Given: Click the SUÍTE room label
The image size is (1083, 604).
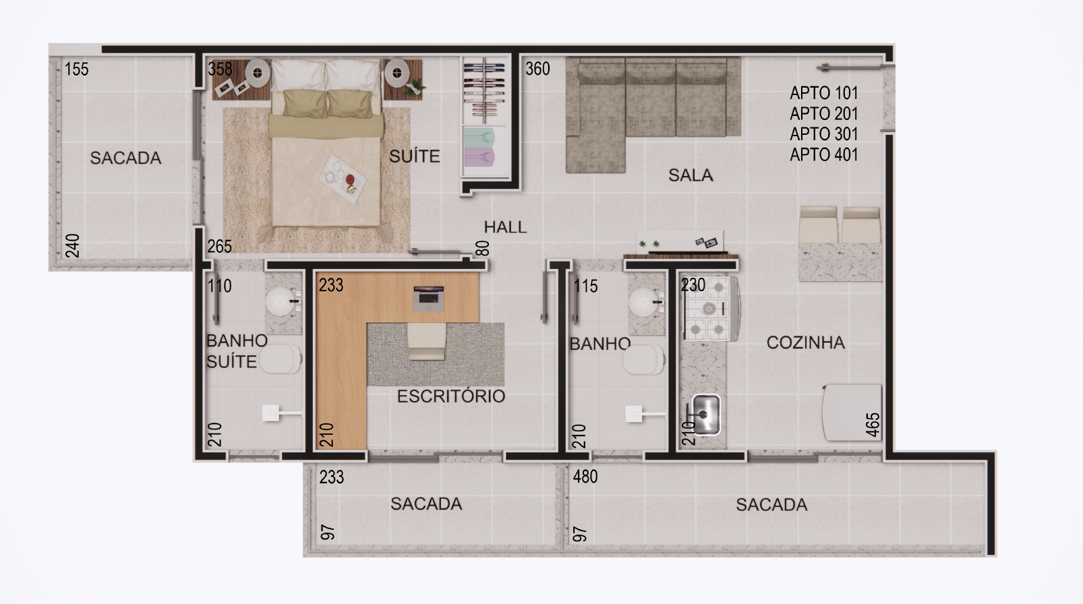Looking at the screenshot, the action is click(x=414, y=156).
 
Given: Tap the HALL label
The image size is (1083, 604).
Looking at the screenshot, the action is click(x=505, y=227).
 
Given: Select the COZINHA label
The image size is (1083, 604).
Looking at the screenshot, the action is click(x=805, y=342).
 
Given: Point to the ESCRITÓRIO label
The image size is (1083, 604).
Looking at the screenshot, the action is click(x=451, y=396).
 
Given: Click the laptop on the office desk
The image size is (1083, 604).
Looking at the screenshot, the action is click(x=428, y=299).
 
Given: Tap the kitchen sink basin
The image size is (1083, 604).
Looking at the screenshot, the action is click(x=706, y=415).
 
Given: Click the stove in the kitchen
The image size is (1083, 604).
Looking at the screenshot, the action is click(x=710, y=309).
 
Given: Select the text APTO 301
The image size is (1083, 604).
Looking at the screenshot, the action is click(x=824, y=134).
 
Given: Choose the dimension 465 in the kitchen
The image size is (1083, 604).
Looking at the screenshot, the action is click(x=873, y=425).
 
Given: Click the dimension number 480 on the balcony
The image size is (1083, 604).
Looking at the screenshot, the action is click(x=585, y=477).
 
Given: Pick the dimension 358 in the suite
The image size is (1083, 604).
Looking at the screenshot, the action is click(x=220, y=69).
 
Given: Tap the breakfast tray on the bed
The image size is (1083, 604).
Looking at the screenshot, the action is click(x=343, y=179).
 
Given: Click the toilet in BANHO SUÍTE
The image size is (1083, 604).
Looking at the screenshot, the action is click(x=280, y=359).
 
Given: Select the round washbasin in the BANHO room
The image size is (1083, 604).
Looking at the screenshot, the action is click(x=643, y=303).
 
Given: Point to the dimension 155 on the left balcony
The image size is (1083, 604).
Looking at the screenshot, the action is click(x=76, y=69).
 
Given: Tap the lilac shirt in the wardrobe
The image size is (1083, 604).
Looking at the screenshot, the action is click(x=479, y=157).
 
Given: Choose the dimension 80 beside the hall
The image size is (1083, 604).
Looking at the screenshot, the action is click(x=483, y=248).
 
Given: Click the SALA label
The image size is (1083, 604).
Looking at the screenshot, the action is click(x=691, y=175).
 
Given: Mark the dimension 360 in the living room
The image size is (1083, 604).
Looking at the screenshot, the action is click(x=537, y=69).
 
